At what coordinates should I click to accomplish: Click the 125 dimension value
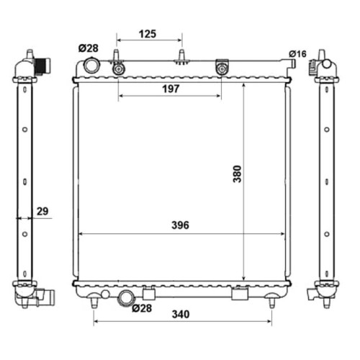pyautogui.click(x=148, y=34)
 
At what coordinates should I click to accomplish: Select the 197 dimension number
pyautogui.click(x=171, y=89)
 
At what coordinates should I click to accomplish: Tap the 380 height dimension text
pyautogui.click(x=238, y=174)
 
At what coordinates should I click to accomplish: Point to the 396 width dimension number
pyautogui.click(x=180, y=225)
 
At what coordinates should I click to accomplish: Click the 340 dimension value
pyautogui.click(x=181, y=314)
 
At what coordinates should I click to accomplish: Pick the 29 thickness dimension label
pyautogui.click(x=42, y=211)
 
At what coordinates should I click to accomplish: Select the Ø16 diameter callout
pyautogui.click(x=297, y=54)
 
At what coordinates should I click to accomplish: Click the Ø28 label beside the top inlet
pyautogui.click(x=89, y=48)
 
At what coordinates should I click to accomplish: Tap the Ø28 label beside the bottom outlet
pyautogui.click(x=142, y=308)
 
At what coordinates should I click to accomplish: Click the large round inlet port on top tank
pyautogui.click(x=91, y=66)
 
